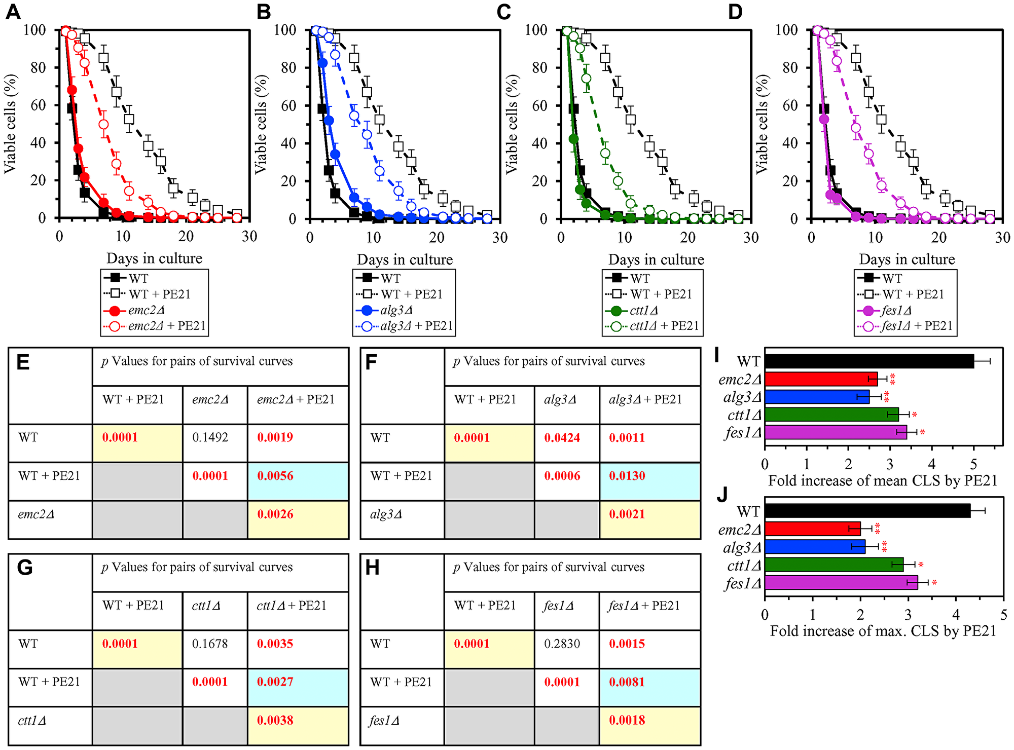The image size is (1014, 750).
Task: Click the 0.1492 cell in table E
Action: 210,437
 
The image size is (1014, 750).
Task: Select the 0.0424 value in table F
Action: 562,437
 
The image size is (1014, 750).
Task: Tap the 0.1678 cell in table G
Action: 210,644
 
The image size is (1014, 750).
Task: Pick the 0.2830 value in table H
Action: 562,644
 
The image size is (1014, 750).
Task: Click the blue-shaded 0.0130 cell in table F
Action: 627,476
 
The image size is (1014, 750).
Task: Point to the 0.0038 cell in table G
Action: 275,720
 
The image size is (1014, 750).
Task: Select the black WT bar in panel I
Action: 868,361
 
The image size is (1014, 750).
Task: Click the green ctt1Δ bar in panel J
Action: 834,565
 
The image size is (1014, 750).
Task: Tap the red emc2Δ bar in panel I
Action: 820,379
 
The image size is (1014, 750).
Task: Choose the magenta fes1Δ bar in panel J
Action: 841,583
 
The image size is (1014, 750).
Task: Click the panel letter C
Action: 503,12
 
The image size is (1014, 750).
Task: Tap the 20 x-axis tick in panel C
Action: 687,237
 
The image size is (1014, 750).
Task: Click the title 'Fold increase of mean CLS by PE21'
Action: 883,480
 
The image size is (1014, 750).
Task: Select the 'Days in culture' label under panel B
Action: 405,259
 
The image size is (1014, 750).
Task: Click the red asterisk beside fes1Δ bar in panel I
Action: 922,433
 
